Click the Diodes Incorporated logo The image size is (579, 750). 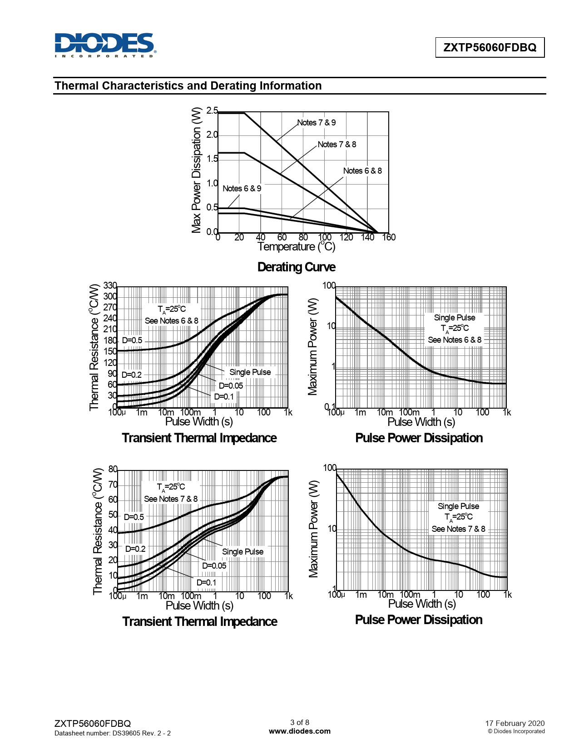(105, 45)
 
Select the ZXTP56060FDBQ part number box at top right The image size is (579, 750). (490, 47)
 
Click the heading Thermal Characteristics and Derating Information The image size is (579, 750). (188, 86)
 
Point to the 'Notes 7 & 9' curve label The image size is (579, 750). (317, 123)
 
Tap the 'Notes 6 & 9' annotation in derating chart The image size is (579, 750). (242, 189)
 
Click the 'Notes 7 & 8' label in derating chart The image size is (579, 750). (337, 145)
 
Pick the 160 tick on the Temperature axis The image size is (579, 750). (389, 237)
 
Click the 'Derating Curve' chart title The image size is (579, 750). (296, 267)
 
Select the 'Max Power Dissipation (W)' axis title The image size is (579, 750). (196, 170)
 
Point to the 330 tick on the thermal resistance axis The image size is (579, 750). (110, 285)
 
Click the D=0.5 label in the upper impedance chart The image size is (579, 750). (132, 340)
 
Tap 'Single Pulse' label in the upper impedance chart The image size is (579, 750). (250, 372)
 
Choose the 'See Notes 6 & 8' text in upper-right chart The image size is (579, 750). (455, 340)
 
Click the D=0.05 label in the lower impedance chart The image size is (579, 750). (214, 566)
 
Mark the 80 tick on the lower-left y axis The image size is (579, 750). (113, 469)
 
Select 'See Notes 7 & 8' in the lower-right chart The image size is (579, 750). (458, 529)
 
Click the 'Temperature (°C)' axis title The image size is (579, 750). (296, 247)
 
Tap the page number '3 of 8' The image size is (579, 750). (300, 722)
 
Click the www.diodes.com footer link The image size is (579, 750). (300, 731)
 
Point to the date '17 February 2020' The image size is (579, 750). (515, 723)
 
